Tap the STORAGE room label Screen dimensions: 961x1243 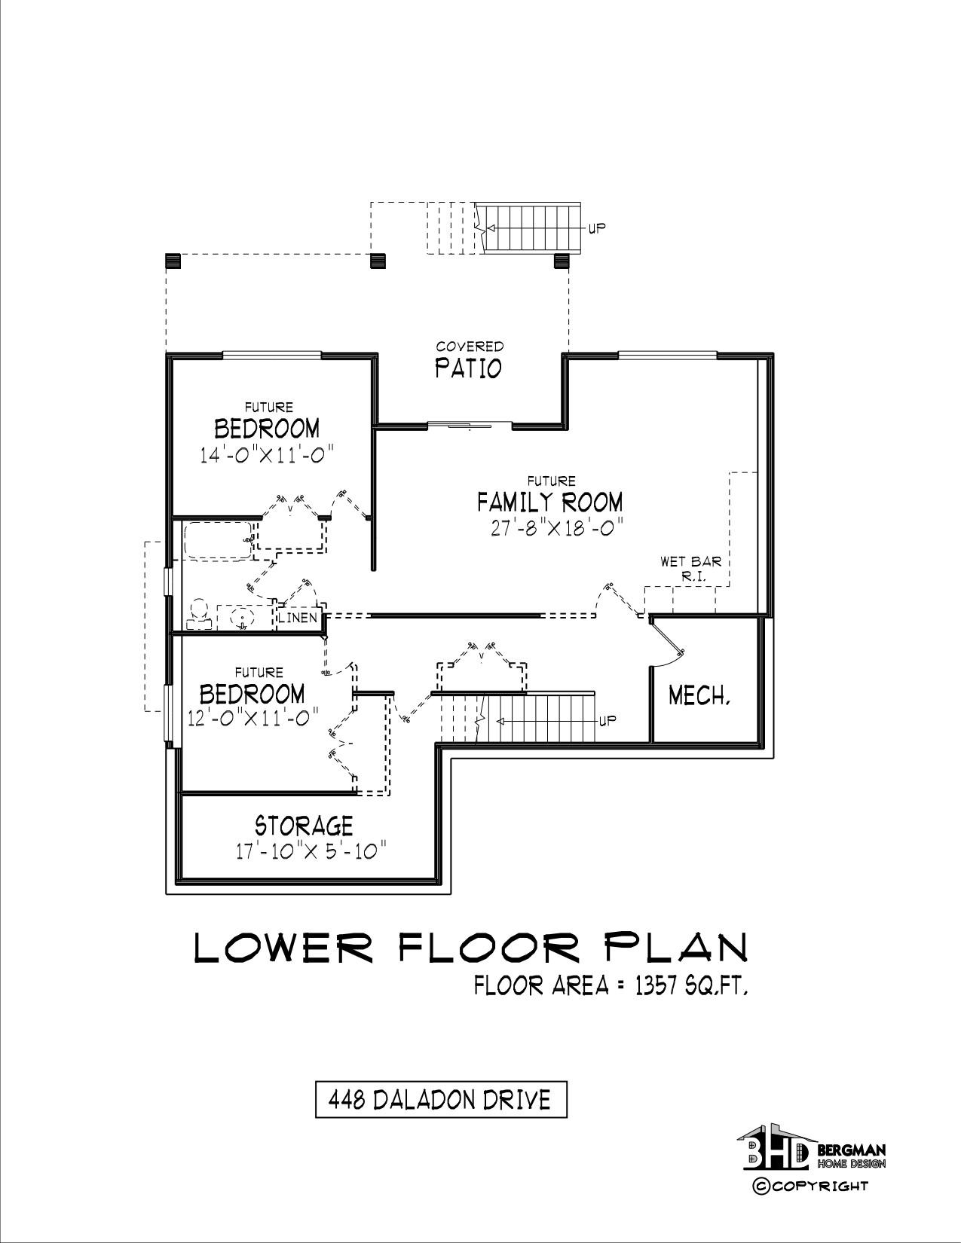(304, 826)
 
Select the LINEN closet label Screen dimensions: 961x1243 (298, 618)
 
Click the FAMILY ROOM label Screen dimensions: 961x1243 (550, 502)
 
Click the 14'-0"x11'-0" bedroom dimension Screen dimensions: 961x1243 (267, 455)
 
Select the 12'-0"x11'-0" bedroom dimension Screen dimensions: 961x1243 (253, 718)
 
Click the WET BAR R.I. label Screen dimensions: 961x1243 (691, 569)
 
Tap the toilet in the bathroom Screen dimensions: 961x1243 (199, 614)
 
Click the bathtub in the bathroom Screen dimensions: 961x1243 (218, 541)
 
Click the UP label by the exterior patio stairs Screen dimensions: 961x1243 (597, 228)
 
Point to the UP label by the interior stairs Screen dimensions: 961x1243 (608, 720)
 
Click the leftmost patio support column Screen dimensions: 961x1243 (173, 261)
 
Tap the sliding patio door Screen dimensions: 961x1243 (470, 425)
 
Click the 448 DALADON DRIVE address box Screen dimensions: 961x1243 (441, 1099)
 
